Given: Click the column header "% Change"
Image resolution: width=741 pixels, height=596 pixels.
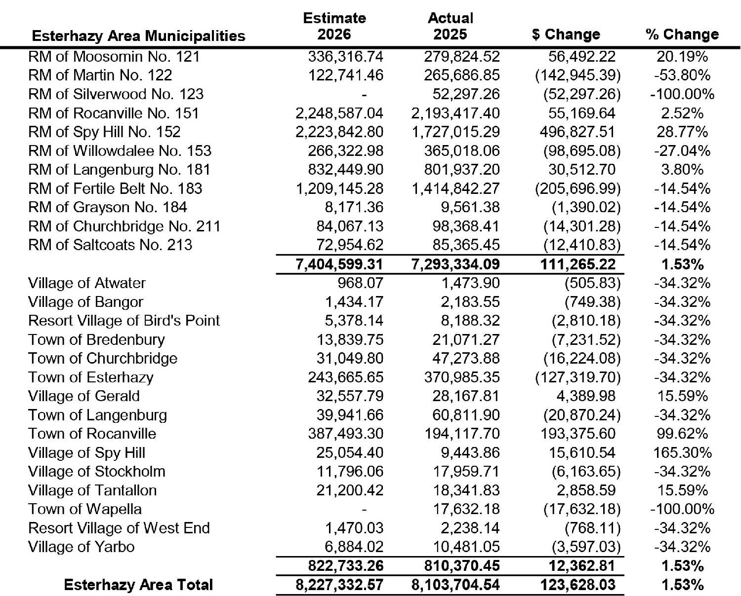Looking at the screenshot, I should point(682,35).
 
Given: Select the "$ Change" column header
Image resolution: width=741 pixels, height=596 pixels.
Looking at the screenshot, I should point(566,35).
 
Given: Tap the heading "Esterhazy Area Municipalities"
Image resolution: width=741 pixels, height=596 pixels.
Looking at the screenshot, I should point(138,36).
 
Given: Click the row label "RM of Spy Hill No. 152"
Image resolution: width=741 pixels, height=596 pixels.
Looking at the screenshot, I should point(104,132).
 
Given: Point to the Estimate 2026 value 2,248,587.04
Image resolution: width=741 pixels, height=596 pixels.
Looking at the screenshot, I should point(339,113).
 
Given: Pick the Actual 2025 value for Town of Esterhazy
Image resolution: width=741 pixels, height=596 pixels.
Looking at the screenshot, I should point(462,377).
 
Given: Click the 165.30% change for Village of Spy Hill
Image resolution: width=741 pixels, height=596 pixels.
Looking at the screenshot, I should point(682,453).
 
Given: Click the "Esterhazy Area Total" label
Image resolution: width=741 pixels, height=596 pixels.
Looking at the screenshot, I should point(138,585).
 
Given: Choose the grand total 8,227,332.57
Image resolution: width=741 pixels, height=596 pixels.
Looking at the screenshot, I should point(339,585).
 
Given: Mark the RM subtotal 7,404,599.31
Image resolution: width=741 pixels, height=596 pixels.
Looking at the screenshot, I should point(339,264).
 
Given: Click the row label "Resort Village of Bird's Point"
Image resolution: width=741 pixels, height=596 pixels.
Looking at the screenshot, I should point(123,321).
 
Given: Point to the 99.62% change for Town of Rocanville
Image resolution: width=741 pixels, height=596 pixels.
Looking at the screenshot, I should point(682,434).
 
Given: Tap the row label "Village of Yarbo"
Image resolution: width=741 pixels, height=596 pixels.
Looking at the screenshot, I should point(81,547).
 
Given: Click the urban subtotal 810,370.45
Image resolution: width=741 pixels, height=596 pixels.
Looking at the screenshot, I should point(462,566).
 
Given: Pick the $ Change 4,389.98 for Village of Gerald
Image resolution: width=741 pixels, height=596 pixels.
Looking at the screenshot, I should point(582,396).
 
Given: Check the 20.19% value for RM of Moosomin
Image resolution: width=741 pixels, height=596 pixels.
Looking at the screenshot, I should point(682,56).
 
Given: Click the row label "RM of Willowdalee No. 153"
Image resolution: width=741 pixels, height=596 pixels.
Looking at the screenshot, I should point(120,151).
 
